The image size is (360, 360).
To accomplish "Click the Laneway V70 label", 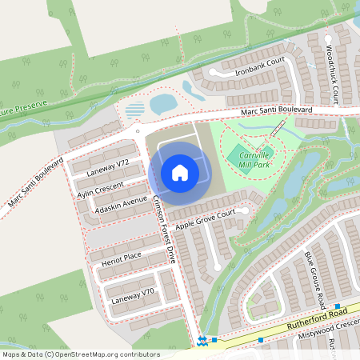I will (x=131, y=296).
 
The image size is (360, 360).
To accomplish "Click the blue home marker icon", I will (x=180, y=173).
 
